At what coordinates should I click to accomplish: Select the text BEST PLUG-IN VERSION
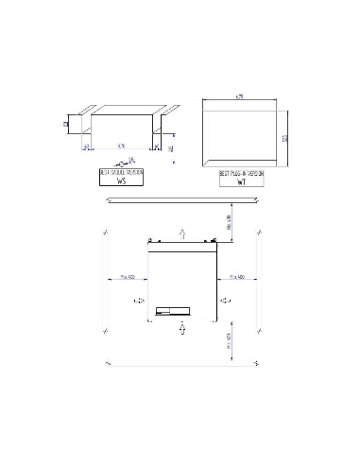(241, 175)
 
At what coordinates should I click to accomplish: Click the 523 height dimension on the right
(283, 138)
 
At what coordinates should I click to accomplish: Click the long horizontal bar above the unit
(180, 199)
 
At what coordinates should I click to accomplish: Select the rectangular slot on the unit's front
(175, 309)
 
